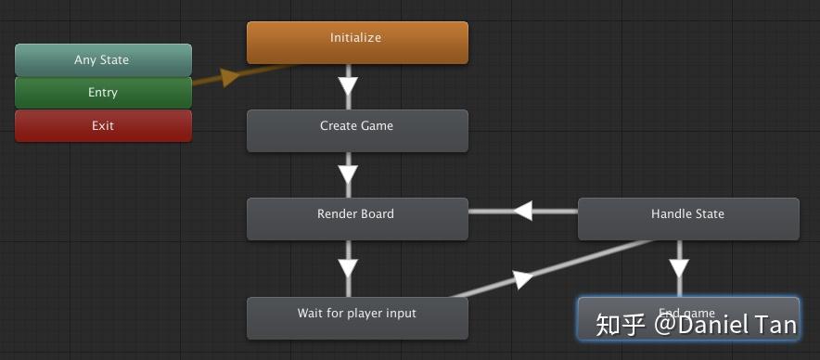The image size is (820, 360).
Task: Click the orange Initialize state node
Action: tap(357, 43)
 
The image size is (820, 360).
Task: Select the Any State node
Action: tap(103, 60)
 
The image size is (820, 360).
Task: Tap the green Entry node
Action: tap(103, 93)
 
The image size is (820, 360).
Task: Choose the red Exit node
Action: tap(103, 125)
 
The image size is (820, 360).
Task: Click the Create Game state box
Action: tap(357, 131)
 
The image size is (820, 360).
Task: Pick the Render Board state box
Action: tap(357, 219)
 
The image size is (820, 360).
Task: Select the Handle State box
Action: tap(687, 219)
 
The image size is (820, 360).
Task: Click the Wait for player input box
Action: tap(357, 318)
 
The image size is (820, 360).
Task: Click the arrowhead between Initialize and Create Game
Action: tap(348, 86)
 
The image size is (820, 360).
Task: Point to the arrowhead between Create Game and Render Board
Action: tap(348, 174)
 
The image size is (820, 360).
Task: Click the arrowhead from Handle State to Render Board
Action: tap(523, 211)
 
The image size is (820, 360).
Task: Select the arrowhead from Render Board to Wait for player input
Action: tap(348, 269)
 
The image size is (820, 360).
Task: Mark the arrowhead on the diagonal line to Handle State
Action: tap(523, 278)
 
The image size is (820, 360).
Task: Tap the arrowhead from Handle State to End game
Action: tap(679, 269)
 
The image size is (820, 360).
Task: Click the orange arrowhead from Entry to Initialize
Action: tap(228, 77)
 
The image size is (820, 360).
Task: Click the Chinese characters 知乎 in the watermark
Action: tap(620, 324)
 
